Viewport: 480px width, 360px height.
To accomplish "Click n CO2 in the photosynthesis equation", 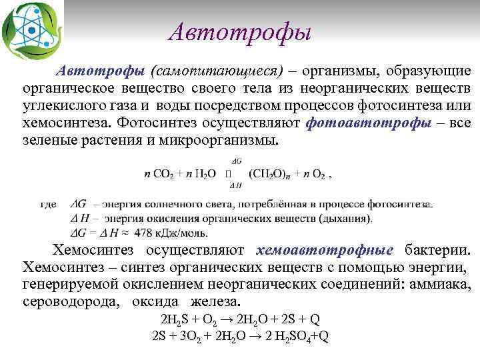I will [x=160, y=174].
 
